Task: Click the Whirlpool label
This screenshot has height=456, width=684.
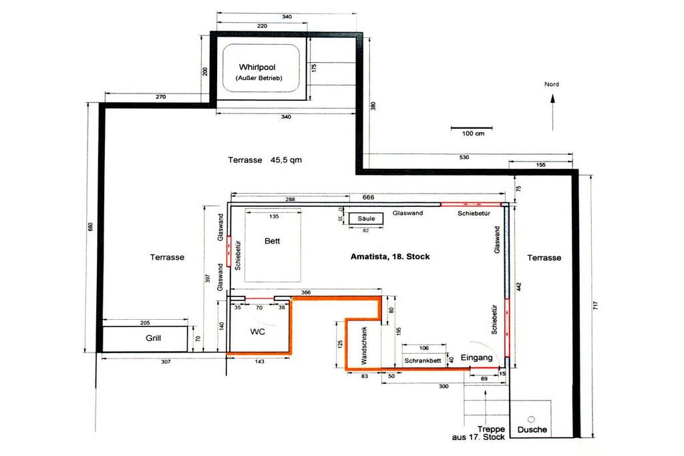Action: (x=257, y=67)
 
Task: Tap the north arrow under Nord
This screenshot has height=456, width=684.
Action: (x=552, y=112)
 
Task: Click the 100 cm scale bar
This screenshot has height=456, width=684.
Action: (x=472, y=128)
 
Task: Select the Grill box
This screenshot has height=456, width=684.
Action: (x=145, y=338)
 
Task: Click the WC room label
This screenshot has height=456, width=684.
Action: (x=257, y=332)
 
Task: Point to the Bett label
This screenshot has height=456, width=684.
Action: (x=273, y=240)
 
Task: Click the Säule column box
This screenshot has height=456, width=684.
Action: (x=366, y=218)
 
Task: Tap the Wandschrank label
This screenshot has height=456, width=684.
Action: (x=364, y=346)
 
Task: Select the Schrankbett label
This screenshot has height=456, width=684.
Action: (x=423, y=361)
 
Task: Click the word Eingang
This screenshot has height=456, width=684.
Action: (x=476, y=357)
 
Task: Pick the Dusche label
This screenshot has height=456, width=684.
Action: (x=532, y=429)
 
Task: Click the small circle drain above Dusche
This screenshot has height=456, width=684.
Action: (x=531, y=419)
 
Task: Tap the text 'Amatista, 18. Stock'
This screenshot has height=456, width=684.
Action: (x=390, y=257)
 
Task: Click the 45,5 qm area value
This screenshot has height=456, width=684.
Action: (x=286, y=160)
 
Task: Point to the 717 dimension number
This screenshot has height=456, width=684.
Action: (x=595, y=306)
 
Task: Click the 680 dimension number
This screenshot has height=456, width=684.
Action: (x=91, y=227)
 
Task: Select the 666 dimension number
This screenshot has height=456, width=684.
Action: (x=368, y=197)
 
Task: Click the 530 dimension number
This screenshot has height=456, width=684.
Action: (x=464, y=157)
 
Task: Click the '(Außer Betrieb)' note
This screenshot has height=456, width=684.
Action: (x=259, y=79)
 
